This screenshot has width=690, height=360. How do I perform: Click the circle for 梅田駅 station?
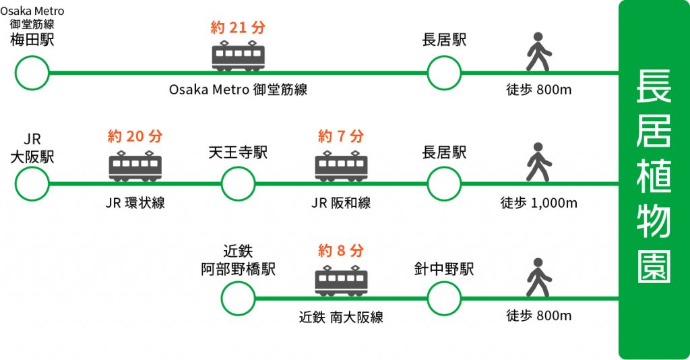[32, 73]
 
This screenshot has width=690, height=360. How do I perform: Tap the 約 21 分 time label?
[238, 28]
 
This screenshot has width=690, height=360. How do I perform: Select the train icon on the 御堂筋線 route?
[239, 55]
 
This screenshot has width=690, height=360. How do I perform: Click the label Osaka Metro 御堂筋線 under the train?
[238, 90]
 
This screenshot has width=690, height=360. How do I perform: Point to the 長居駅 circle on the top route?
[444, 73]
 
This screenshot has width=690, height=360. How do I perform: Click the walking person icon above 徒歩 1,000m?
[538, 162]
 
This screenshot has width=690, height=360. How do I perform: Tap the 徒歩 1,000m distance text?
[538, 203]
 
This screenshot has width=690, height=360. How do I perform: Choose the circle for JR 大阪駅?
[32, 183]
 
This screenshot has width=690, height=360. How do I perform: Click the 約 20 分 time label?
[135, 137]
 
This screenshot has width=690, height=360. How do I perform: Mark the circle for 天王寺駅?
[238, 183]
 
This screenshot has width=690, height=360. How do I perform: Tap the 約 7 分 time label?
[341, 137]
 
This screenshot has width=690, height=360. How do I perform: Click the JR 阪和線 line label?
[341, 203]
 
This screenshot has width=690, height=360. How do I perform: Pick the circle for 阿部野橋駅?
[238, 297]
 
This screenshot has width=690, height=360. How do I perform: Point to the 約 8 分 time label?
[341, 251]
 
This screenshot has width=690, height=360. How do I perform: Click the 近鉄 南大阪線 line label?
[341, 317]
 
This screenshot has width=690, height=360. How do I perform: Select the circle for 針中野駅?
[444, 297]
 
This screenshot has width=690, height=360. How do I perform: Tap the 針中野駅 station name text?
[444, 270]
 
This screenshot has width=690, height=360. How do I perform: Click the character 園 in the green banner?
[653, 267]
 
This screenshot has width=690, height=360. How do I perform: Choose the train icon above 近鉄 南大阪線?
[341, 280]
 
